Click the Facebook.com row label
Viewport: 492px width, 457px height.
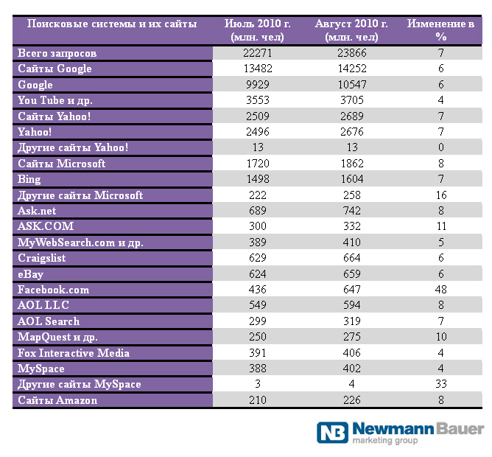pyautogui.click(x=53, y=290)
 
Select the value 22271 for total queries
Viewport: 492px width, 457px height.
pyautogui.click(x=258, y=53)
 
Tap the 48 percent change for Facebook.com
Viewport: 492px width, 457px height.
pyautogui.click(x=441, y=289)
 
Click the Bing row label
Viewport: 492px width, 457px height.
pyautogui.click(x=29, y=179)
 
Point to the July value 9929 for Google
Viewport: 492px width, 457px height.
pyautogui.click(x=258, y=85)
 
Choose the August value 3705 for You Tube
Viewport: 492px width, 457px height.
pyautogui.click(x=352, y=100)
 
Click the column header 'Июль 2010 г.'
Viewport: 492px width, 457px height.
pyautogui.click(x=258, y=24)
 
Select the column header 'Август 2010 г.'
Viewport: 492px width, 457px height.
pyautogui.click(x=352, y=24)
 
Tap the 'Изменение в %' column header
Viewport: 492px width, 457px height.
pyautogui.click(x=441, y=30)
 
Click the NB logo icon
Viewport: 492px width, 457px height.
pyautogui.click(x=332, y=433)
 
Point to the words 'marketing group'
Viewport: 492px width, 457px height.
pyautogui.click(x=385, y=440)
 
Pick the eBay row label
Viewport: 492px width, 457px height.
pyautogui.click(x=30, y=274)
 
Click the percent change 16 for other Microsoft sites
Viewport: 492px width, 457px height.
pyautogui.click(x=441, y=195)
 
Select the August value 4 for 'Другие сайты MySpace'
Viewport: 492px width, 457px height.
pyautogui.click(x=352, y=384)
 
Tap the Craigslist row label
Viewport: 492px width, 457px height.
pyautogui.click(x=42, y=258)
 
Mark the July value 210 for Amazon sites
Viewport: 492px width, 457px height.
pyautogui.click(x=258, y=400)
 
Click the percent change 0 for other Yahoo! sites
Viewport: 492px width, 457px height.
pyautogui.click(x=441, y=147)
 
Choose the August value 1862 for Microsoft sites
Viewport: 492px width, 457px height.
pyautogui.click(x=352, y=164)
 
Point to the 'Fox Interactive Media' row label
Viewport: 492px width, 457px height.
pyautogui.click(x=74, y=353)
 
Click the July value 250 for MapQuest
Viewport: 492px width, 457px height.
pyautogui.click(x=258, y=337)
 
